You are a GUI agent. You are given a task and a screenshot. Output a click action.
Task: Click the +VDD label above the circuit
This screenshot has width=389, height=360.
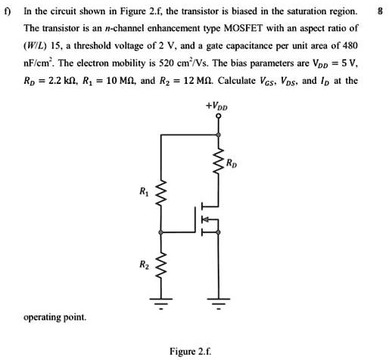point(219,118)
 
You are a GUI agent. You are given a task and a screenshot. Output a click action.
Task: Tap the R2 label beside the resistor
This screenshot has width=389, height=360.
point(142,265)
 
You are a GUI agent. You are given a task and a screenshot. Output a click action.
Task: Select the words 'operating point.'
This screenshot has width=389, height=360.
point(55,317)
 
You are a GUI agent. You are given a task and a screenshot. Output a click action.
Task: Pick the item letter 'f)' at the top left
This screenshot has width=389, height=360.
point(8,10)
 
